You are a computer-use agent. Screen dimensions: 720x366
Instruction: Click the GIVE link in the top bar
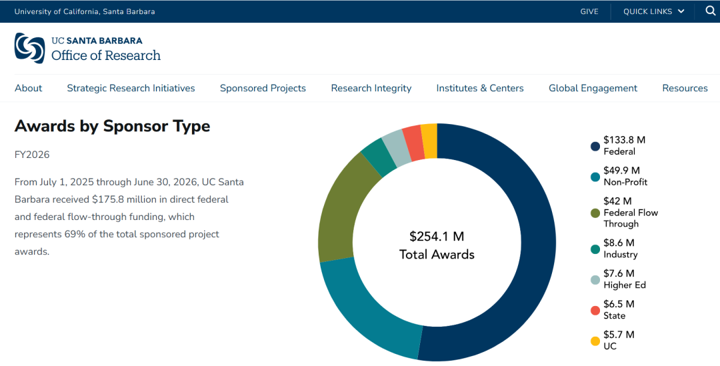(589, 11)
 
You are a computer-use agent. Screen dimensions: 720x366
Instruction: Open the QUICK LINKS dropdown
(653, 11)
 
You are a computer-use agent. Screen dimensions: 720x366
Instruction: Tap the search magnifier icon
(711, 11)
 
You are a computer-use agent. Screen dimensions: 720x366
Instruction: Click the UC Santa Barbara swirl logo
(29, 48)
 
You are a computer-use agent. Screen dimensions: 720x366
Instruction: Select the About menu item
(29, 88)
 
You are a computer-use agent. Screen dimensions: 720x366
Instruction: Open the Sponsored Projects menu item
(263, 88)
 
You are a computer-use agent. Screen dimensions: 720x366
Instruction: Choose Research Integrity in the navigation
(371, 88)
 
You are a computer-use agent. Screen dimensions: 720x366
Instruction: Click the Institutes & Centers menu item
(480, 88)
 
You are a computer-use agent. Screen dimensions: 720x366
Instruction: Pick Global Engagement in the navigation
(593, 88)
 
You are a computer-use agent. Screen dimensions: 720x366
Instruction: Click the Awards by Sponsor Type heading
(112, 126)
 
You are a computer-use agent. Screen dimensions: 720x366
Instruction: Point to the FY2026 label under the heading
(32, 155)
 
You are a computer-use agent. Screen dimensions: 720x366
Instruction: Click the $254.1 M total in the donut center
(437, 237)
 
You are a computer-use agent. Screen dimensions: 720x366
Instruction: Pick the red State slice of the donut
(414, 143)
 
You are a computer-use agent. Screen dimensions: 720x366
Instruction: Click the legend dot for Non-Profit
(595, 177)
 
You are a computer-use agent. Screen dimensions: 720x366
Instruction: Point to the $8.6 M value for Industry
(619, 243)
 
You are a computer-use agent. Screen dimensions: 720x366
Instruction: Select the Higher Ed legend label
(625, 285)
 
